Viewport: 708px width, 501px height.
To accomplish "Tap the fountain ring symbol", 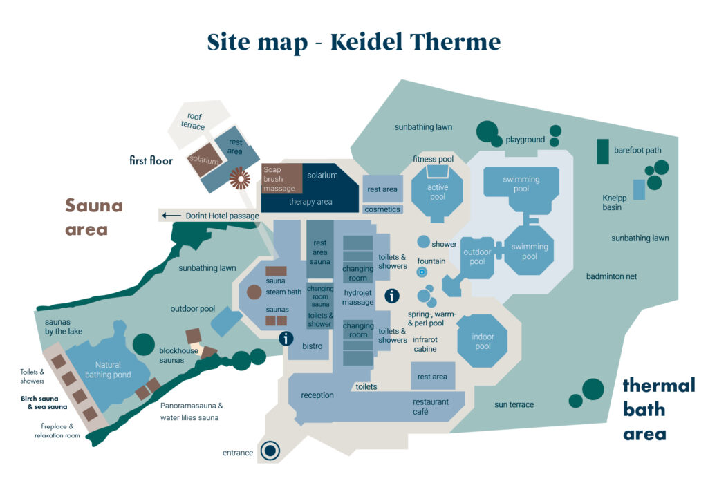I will click(x=421, y=273).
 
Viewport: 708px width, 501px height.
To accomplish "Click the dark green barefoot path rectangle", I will click(x=603, y=152).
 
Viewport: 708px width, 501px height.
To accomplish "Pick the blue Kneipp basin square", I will click(x=639, y=189).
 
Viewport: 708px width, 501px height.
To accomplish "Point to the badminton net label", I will click(x=611, y=276).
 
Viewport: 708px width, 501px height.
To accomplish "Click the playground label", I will click(x=525, y=140).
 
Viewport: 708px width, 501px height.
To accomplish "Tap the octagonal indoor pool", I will click(x=483, y=341).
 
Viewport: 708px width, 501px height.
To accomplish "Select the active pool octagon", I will click(x=437, y=192).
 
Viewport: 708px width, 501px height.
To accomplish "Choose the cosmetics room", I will click(x=382, y=209).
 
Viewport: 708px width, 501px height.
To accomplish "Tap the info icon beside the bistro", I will click(x=285, y=339).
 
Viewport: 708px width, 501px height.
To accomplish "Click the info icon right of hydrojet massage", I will click(x=392, y=296).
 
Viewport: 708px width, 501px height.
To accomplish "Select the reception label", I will click(x=317, y=395).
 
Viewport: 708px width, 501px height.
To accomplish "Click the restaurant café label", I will click(x=431, y=407).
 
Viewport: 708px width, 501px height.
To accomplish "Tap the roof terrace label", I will click(x=194, y=121).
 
